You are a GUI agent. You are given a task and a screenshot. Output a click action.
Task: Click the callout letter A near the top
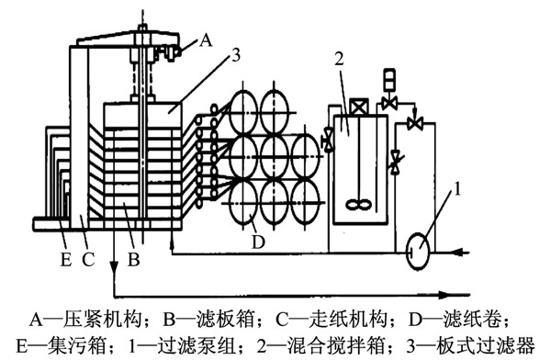[x=206, y=40]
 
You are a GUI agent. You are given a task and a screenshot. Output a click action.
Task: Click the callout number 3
[x=237, y=55]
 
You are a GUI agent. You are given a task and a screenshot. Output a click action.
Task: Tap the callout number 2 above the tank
[x=339, y=59]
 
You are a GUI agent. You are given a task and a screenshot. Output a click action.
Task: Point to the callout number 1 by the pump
[x=457, y=189]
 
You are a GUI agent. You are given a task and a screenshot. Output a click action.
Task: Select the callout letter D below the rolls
[x=258, y=242]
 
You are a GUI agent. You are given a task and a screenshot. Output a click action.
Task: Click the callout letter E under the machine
[x=66, y=260]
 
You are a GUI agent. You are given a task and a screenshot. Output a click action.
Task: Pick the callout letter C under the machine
[x=88, y=260]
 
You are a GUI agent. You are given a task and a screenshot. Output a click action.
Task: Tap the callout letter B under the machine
[x=133, y=260]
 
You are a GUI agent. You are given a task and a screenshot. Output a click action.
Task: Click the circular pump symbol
[x=418, y=251]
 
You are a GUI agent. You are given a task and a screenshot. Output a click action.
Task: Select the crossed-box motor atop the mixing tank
[x=359, y=107]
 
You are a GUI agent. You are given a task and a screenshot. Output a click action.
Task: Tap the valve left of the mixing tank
[x=329, y=140]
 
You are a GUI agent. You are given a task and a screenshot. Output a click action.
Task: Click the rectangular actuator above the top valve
[x=389, y=80]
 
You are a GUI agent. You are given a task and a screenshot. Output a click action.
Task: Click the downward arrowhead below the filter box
[x=114, y=267]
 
